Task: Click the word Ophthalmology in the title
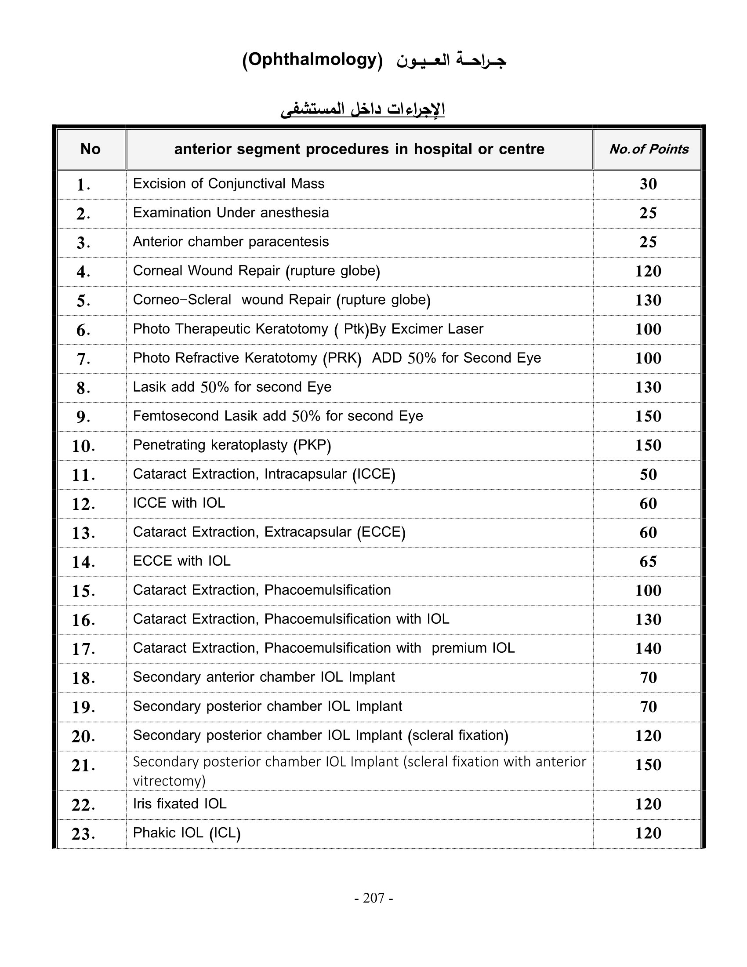(x=312, y=59)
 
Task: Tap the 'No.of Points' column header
(x=649, y=149)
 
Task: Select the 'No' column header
(x=90, y=149)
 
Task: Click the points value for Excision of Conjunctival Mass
(x=648, y=184)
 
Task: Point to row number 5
(x=83, y=301)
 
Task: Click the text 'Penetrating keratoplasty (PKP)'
(x=232, y=445)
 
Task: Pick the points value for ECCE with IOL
(x=648, y=561)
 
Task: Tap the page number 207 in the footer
(x=374, y=898)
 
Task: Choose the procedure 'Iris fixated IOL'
(x=180, y=803)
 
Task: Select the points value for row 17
(x=648, y=649)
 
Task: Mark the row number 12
(x=83, y=504)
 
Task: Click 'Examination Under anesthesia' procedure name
(x=231, y=213)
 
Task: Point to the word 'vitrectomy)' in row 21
(x=169, y=781)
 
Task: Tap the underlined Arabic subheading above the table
(x=363, y=109)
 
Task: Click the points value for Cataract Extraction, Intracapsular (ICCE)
(x=648, y=475)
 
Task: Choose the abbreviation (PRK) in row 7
(x=342, y=358)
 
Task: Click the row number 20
(x=83, y=736)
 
